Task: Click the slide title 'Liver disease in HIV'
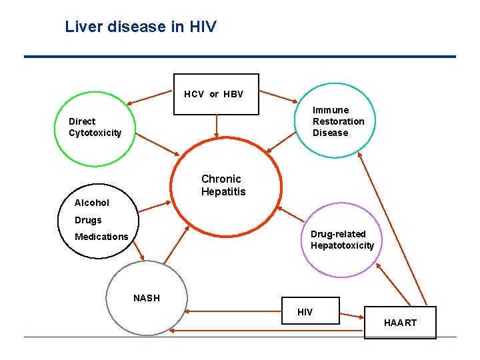(141, 27)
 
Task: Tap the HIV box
(305, 312)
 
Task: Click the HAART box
(400, 323)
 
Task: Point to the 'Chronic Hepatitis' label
(223, 185)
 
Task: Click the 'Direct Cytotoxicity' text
(95, 127)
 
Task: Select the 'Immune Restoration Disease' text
(339, 121)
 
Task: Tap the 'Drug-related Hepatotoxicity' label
(342, 240)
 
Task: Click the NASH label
(147, 298)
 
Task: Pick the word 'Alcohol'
(92, 203)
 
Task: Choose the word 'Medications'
(101, 237)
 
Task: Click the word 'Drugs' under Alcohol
(89, 220)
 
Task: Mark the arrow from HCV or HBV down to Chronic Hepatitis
(216, 126)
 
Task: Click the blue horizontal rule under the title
(240, 57)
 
